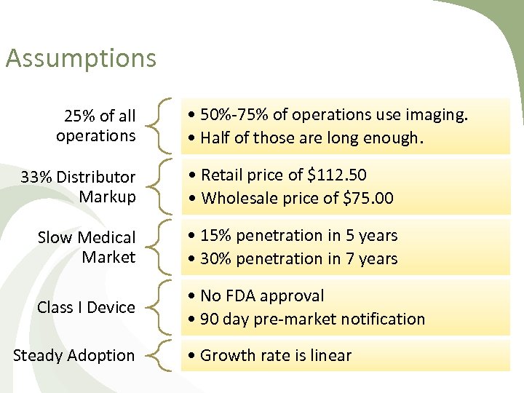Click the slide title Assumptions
(81, 58)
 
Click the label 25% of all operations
(96, 126)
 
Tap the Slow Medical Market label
(87, 247)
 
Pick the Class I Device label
(86, 308)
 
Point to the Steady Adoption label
(74, 356)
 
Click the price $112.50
(338, 175)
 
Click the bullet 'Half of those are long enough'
(314, 138)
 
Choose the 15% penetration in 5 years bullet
(298, 236)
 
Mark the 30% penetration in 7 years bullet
(298, 258)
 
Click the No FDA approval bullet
(262, 296)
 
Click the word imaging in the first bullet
(440, 115)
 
